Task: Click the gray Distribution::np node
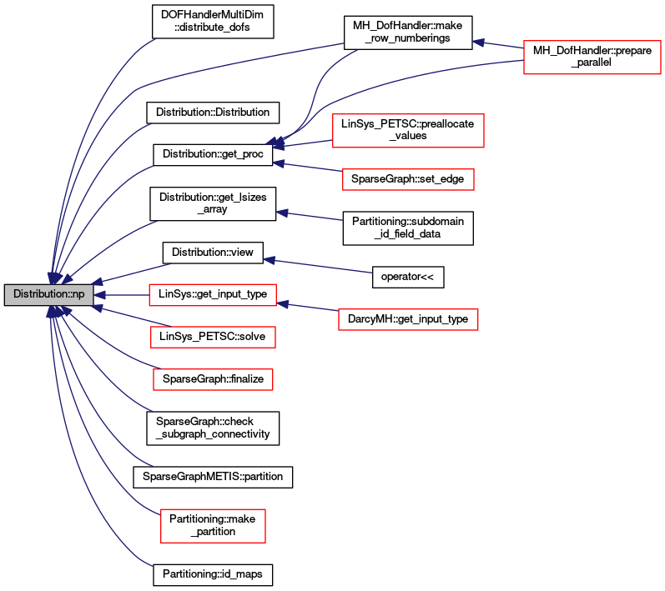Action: pyautogui.click(x=48, y=294)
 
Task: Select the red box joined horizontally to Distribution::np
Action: pyautogui.click(x=212, y=295)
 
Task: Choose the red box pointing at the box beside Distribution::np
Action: pyautogui.click(x=408, y=319)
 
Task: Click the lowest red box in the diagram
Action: pyautogui.click(x=213, y=525)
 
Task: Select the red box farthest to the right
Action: pyautogui.click(x=592, y=58)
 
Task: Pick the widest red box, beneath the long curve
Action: pyautogui.click(x=408, y=131)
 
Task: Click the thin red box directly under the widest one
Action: pyautogui.click(x=408, y=179)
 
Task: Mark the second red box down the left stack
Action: pyautogui.click(x=213, y=337)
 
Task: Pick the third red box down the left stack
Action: pyautogui.click(x=213, y=379)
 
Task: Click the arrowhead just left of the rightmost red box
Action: pyautogui.click(x=479, y=42)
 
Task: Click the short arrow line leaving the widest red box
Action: pyautogui.click(x=309, y=143)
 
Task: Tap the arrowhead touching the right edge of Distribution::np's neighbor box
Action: pyautogui.click(x=284, y=304)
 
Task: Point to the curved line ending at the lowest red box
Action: pyautogui.click(x=117, y=483)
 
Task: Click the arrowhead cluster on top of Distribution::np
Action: pyautogui.click(x=53, y=278)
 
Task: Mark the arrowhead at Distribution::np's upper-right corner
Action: pyautogui.click(x=98, y=282)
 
